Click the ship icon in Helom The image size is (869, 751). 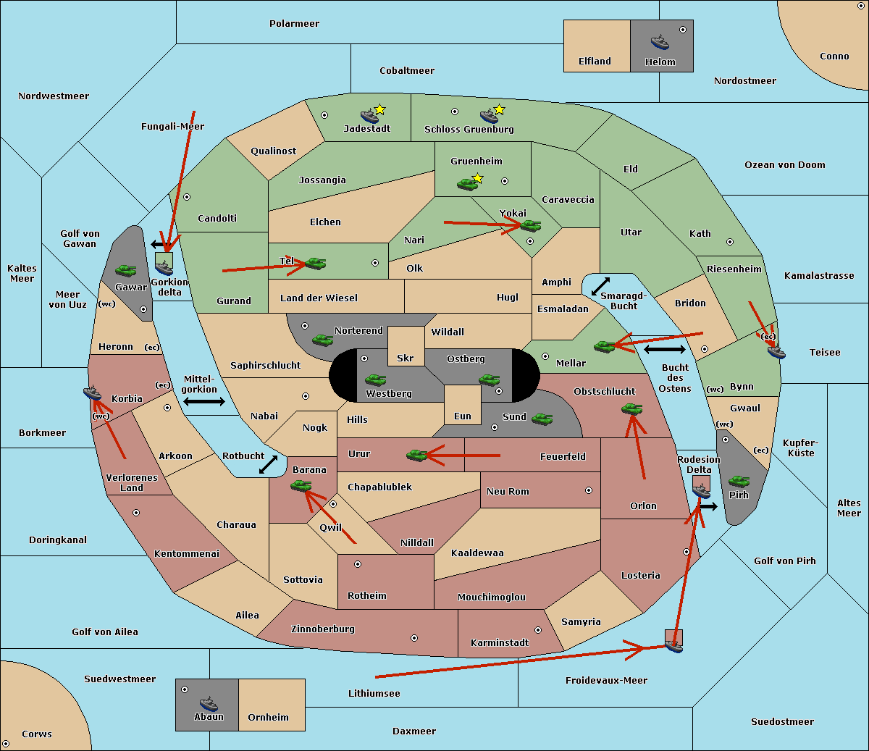[x=660, y=42]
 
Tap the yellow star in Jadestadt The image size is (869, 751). [x=379, y=110]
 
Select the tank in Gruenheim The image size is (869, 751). [x=468, y=184]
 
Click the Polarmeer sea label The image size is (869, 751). [x=294, y=24]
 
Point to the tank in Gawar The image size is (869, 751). [x=126, y=270]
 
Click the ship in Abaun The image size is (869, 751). [x=209, y=703]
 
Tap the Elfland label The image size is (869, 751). [x=595, y=62]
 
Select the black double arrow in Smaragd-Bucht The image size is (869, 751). [x=600, y=286]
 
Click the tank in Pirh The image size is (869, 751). [x=739, y=481]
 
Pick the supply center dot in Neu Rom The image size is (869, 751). [x=589, y=490]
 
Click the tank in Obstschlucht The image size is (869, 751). [x=632, y=408]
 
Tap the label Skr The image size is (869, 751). [x=406, y=358]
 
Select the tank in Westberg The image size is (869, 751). [x=375, y=380]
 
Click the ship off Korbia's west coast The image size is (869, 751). [x=93, y=393]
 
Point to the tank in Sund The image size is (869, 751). [x=542, y=419]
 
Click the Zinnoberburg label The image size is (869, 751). [x=323, y=629]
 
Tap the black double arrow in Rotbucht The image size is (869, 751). [x=268, y=465]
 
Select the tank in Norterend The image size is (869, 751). [x=322, y=340]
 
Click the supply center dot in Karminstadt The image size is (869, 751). [x=538, y=630]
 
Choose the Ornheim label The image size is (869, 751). [x=268, y=718]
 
